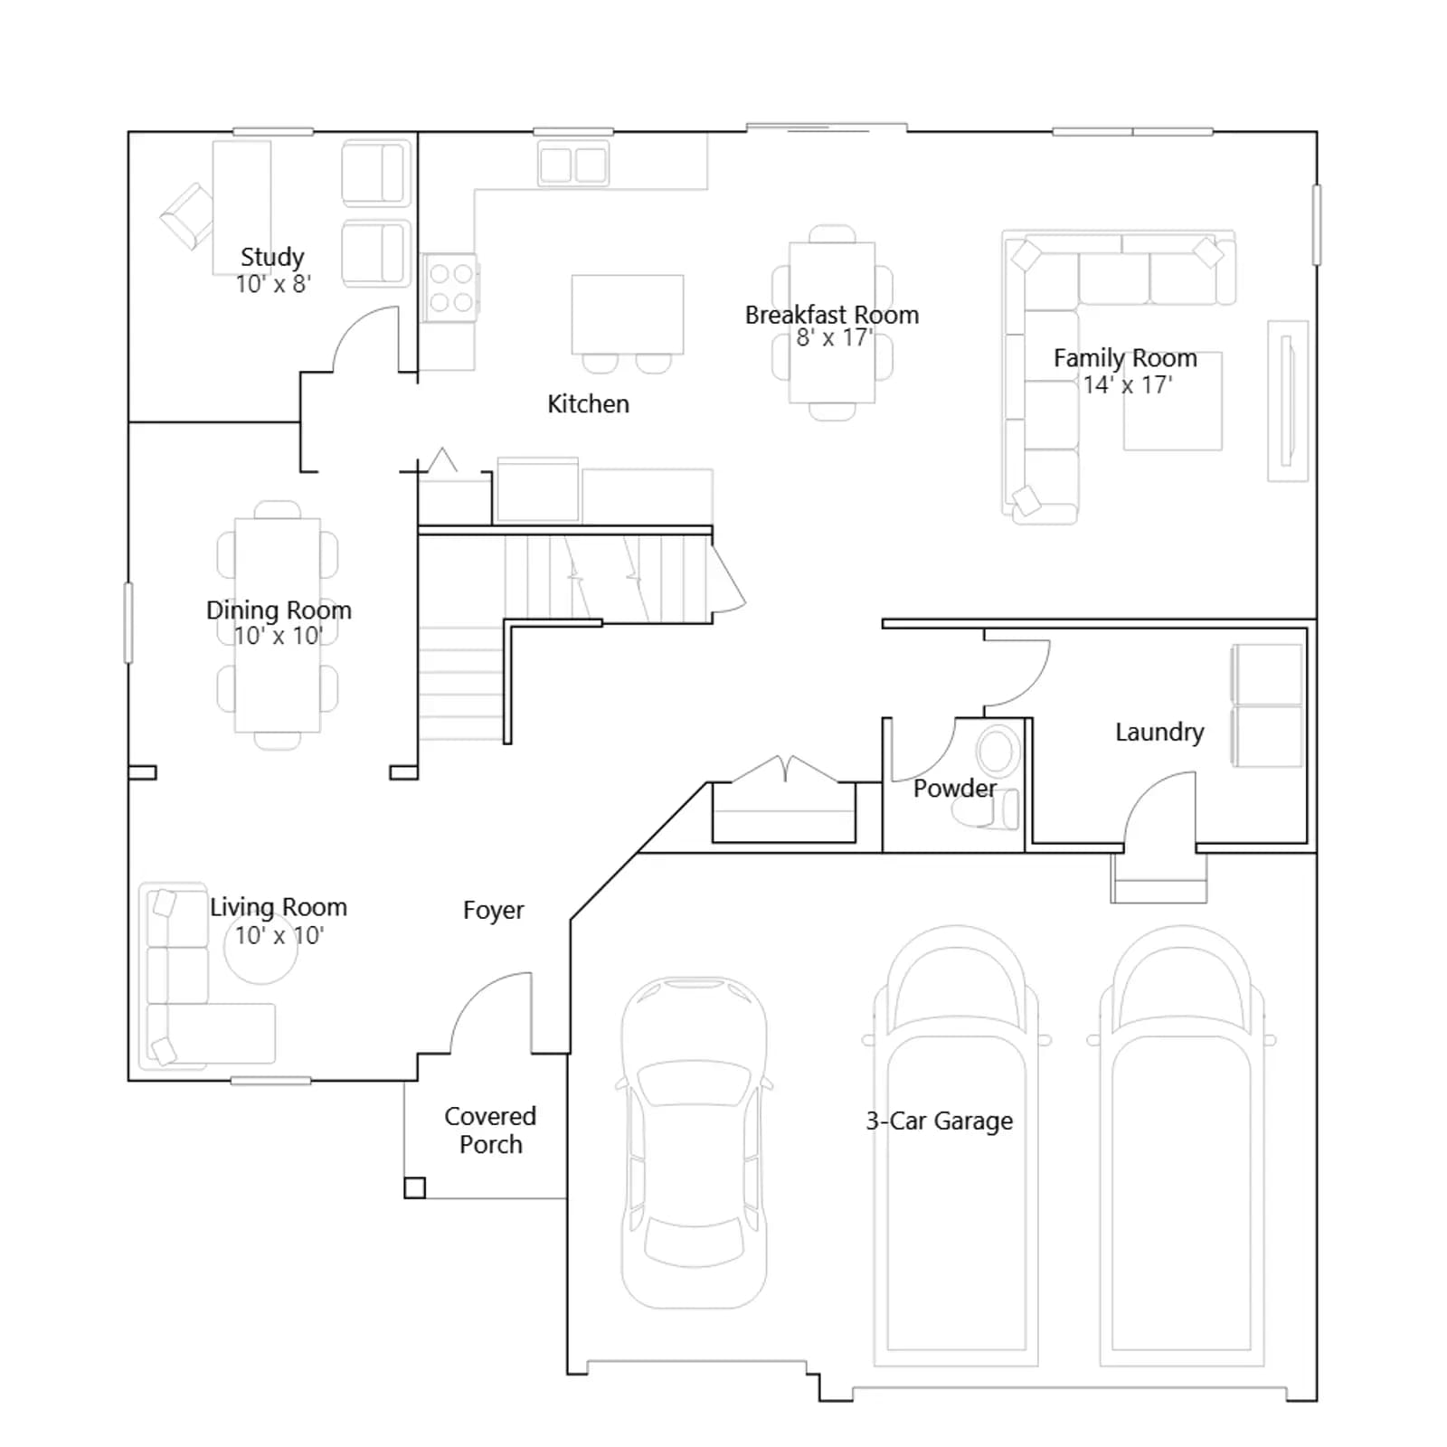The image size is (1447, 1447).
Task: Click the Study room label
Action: tap(272, 257)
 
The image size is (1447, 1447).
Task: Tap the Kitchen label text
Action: tap(588, 403)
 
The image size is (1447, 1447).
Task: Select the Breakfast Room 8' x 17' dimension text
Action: tap(833, 338)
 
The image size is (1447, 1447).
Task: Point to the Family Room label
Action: tap(1125, 358)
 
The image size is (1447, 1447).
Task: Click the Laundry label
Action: tap(1159, 732)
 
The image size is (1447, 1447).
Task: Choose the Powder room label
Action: tap(954, 788)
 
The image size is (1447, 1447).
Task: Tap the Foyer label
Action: tap(493, 910)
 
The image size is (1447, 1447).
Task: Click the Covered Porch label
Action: tap(490, 1130)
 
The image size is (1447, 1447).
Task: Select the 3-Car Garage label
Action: tap(939, 1121)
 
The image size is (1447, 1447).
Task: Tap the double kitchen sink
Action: tap(573, 164)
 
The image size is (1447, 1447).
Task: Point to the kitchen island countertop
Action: tap(628, 314)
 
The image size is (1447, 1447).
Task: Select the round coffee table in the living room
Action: tap(260, 948)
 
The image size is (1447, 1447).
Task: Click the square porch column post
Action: tap(414, 1187)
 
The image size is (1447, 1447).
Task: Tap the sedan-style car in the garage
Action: tap(694, 1142)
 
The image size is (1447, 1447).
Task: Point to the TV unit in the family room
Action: tap(1288, 401)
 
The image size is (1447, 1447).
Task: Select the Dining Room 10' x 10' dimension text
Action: tap(279, 636)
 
